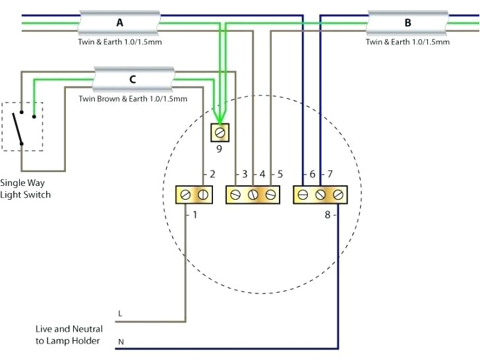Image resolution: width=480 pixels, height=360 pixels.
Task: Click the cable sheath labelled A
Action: [x=119, y=23]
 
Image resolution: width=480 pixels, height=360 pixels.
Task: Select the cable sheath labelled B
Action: [x=407, y=23]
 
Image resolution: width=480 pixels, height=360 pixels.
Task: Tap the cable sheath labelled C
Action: [x=133, y=80]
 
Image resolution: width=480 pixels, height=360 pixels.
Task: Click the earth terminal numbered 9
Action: [x=220, y=133]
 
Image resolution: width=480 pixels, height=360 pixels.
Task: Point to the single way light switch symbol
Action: [x=22, y=126]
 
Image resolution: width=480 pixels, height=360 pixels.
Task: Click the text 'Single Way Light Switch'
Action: [x=25, y=189]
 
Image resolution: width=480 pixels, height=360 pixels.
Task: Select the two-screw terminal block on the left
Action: [x=193, y=195]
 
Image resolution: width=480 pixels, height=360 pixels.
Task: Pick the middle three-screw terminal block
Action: [x=253, y=195]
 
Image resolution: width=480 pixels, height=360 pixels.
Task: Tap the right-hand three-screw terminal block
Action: [x=320, y=195]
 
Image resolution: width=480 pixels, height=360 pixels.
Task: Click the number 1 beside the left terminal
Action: [x=195, y=215]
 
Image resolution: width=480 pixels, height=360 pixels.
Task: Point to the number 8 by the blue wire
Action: [x=327, y=214]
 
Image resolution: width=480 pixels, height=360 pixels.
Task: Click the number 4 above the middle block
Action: [x=262, y=175]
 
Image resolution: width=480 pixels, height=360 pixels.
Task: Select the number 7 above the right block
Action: [x=330, y=175]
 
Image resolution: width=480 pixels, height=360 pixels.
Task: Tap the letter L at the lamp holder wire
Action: [x=119, y=313]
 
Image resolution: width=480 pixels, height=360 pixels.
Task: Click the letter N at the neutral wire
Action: [x=120, y=342]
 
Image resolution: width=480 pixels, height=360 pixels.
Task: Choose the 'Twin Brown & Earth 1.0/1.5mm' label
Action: [x=133, y=99]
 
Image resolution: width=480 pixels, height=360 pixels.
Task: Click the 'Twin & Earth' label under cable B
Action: [x=407, y=42]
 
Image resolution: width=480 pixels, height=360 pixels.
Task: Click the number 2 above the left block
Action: [x=212, y=175]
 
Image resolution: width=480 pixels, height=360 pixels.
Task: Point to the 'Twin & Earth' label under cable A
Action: [x=119, y=42]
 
